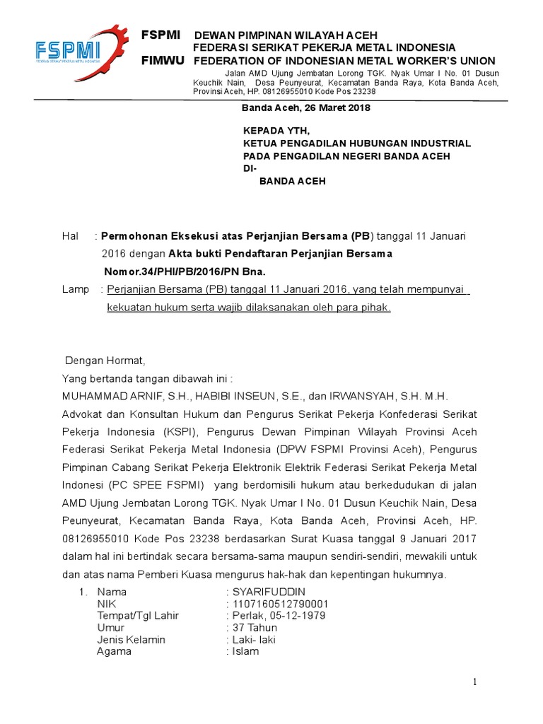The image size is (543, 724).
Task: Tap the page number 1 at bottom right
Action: pyautogui.click(x=476, y=682)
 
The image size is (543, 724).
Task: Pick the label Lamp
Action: pyautogui.click(x=75, y=289)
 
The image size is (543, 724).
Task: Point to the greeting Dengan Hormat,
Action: pyautogui.click(x=105, y=359)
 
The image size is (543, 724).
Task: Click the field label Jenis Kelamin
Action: pyautogui.click(x=131, y=640)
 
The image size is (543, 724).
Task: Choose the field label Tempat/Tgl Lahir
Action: pyautogui.click(x=138, y=616)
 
